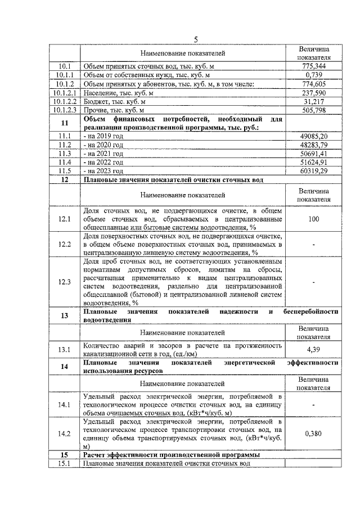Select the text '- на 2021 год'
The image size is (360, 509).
(x=103, y=153)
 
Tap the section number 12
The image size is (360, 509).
(x=65, y=179)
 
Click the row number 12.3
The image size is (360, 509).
(x=65, y=282)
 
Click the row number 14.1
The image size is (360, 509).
(x=65, y=404)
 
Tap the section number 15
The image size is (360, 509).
(x=65, y=454)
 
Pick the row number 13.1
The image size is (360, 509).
(x=65, y=350)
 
